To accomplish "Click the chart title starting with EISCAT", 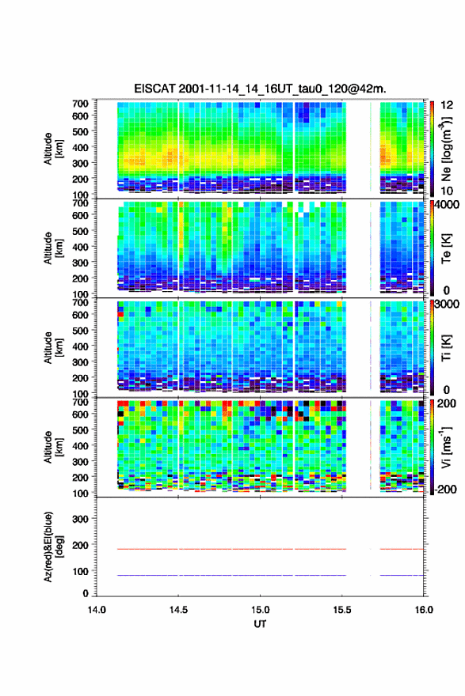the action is [x=260, y=89].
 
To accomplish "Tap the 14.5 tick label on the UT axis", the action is [x=178, y=610].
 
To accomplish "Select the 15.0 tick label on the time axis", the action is [x=260, y=610].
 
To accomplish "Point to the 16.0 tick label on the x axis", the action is [x=424, y=610].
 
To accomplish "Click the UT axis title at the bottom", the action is [x=260, y=624].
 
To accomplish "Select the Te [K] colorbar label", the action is [x=446, y=248].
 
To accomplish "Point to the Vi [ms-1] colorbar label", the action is [x=446, y=447].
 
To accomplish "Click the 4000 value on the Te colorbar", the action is [x=448, y=206].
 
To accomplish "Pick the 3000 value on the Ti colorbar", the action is [x=448, y=304].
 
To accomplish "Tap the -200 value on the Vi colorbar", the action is [x=446, y=489].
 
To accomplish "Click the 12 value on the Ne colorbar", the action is [x=447, y=105].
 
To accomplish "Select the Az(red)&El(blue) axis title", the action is [x=52, y=547].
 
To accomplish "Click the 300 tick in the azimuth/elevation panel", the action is [x=81, y=519].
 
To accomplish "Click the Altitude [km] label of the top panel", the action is [x=53, y=149].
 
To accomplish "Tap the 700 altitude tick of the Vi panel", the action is [x=81, y=402].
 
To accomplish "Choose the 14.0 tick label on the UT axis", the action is [x=97, y=610].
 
